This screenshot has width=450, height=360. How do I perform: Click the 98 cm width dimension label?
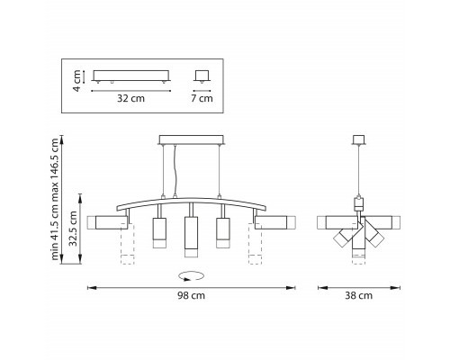click(191, 296)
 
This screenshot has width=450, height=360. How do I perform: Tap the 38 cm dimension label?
click(358, 296)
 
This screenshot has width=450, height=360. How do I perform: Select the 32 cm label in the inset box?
click(130, 98)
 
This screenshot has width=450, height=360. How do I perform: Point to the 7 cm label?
click(202, 98)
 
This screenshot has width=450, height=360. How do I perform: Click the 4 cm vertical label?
click(77, 81)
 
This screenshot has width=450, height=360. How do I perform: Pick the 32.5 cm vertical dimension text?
click(73, 229)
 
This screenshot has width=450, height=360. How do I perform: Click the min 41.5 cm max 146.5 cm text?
click(55, 199)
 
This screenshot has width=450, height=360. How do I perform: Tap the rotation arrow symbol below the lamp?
click(191, 276)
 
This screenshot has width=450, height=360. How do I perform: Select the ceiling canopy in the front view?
click(192, 140)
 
